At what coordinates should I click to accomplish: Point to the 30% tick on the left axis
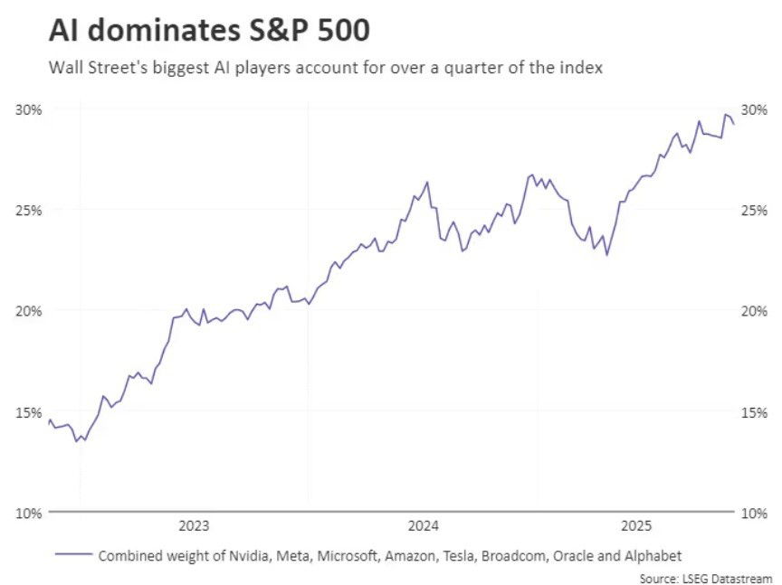click(x=28, y=109)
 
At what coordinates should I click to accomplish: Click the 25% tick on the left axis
click(x=28, y=210)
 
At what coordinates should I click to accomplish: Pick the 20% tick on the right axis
click(x=754, y=310)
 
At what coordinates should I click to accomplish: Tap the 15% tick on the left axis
click(x=28, y=411)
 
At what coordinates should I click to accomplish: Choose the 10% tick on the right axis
click(x=754, y=513)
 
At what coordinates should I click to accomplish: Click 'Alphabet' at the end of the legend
click(x=655, y=555)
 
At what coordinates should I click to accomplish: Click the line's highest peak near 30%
click(x=725, y=115)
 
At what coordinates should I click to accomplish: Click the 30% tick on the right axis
click(x=754, y=109)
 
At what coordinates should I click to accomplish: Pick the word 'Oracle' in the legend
click(x=579, y=555)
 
